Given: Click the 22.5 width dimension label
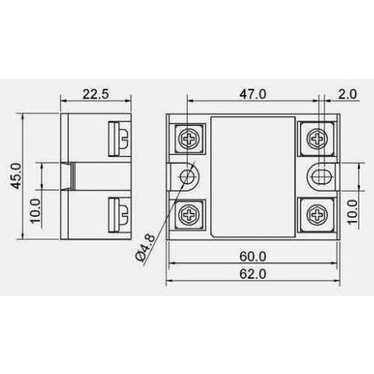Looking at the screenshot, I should pyautogui.click(x=96, y=94).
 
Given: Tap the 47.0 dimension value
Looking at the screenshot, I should pyautogui.click(x=253, y=94).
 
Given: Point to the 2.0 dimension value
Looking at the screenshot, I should pyautogui.click(x=348, y=94).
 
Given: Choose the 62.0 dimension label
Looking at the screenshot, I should pyautogui.click(x=253, y=274).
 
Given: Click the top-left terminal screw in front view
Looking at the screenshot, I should pyautogui.click(x=189, y=138).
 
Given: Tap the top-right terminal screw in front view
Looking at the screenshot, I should pyautogui.click(x=317, y=139).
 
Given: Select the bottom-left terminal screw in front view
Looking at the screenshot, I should pyautogui.click(x=189, y=212).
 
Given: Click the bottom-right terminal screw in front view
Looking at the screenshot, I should pyautogui.click(x=317, y=212).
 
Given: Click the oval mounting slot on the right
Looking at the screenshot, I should pyautogui.click(x=318, y=175).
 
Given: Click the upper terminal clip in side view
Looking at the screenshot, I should pyautogui.click(x=121, y=138).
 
